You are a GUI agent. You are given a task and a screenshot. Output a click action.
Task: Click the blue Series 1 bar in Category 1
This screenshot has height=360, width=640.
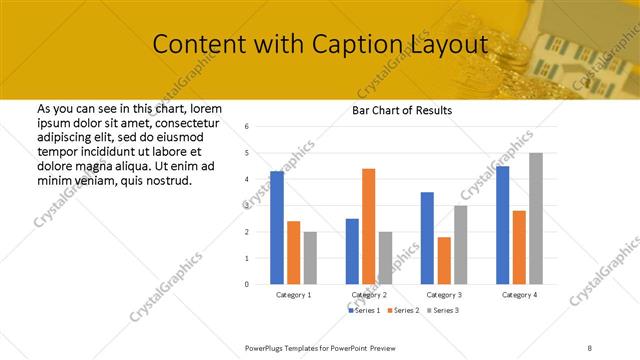[277, 228]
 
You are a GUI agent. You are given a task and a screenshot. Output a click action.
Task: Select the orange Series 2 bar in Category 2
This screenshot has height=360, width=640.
[368, 226]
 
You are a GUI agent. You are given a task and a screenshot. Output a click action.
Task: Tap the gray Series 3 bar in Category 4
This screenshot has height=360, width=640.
[536, 218]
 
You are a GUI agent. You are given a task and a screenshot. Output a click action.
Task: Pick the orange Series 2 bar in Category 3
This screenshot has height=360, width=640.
[444, 260]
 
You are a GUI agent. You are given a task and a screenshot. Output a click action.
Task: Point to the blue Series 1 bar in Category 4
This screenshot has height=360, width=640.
[502, 225]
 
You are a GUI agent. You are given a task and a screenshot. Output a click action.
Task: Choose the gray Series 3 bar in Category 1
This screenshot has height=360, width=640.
[310, 258]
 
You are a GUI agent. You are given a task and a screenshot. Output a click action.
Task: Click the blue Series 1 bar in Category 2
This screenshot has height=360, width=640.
[352, 251]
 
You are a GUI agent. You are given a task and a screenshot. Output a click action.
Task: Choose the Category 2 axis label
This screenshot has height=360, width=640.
[369, 295]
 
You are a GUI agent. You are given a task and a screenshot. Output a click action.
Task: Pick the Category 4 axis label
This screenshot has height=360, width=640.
[519, 295]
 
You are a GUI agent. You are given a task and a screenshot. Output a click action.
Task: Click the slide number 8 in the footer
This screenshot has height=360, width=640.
[590, 347]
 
